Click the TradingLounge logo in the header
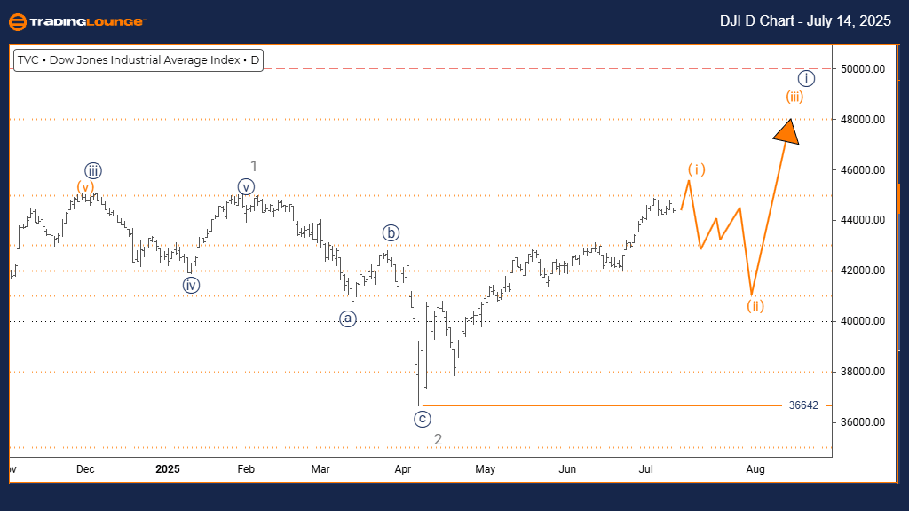pyautogui.click(x=78, y=21)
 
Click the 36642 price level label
pyautogui.click(x=803, y=405)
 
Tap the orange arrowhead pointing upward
pyautogui.click(x=786, y=130)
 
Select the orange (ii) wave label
pyautogui.click(x=755, y=306)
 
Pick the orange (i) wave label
pyautogui.click(x=697, y=169)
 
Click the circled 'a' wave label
pyautogui.click(x=348, y=318)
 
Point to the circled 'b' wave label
pyautogui.click(x=391, y=232)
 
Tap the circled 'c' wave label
pyautogui.click(x=422, y=419)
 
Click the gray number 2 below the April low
pyautogui.click(x=438, y=439)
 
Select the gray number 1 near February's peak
pyautogui.click(x=253, y=166)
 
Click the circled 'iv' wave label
pyautogui.click(x=191, y=285)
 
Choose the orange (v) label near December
pyautogui.click(x=84, y=186)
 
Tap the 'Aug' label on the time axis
pyautogui.click(x=755, y=468)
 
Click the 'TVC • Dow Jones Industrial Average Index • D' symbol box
pyautogui.click(x=138, y=61)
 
